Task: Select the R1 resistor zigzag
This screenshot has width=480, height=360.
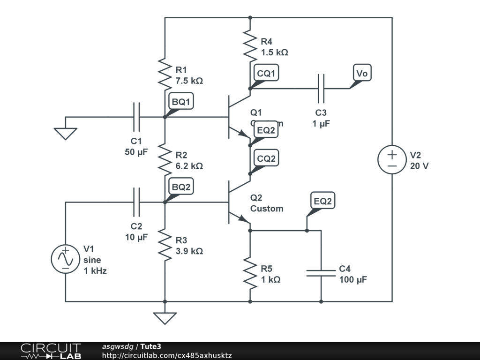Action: (x=165, y=74)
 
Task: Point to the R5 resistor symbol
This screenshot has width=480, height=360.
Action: (x=250, y=273)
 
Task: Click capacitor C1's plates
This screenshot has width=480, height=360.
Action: (x=136, y=117)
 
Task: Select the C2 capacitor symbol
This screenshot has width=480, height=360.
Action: (x=136, y=202)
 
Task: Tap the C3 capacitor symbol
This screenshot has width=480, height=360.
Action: (x=321, y=88)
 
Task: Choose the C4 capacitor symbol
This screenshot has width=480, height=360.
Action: (x=321, y=273)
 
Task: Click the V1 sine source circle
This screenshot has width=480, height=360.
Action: (x=65, y=259)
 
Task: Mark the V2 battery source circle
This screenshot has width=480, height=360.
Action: (x=392, y=159)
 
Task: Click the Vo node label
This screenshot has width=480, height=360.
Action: (x=362, y=73)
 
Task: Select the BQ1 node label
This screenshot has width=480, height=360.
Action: (x=181, y=101)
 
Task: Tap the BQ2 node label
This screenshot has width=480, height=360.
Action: (x=181, y=187)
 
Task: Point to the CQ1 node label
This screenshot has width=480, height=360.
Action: (x=267, y=73)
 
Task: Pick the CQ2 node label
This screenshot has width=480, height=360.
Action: (x=266, y=158)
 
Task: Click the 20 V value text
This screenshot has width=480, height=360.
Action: (x=419, y=166)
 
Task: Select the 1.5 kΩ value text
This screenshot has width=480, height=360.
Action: (x=274, y=52)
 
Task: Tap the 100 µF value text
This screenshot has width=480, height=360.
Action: (x=353, y=280)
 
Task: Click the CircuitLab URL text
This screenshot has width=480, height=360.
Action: (x=167, y=356)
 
